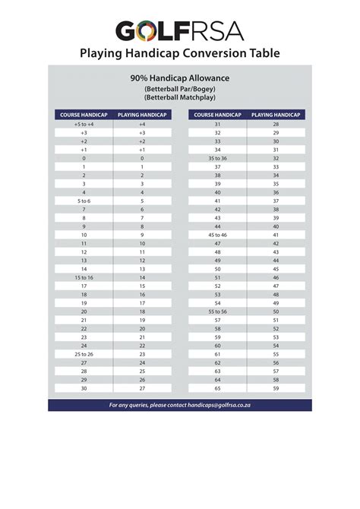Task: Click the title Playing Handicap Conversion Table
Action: coord(180,53)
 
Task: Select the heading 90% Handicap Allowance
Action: coord(180,78)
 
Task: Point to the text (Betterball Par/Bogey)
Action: coord(180,88)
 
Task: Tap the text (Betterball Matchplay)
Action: coord(180,97)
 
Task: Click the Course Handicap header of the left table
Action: coord(84,115)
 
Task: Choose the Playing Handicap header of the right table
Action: coord(276,115)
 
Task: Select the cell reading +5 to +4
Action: coord(84,124)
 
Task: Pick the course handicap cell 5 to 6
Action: coord(84,201)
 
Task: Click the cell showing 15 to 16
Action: coord(84,278)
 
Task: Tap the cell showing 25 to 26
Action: coord(84,355)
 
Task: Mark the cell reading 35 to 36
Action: coord(218,158)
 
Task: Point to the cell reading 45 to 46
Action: coord(218,235)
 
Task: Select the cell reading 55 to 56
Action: coord(218,311)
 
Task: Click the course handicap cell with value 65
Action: coord(218,388)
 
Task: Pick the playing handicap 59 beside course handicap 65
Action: coord(276,388)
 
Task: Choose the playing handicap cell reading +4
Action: coord(142,124)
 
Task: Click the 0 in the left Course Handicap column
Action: coord(84,158)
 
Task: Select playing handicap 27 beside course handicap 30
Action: coord(142,388)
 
